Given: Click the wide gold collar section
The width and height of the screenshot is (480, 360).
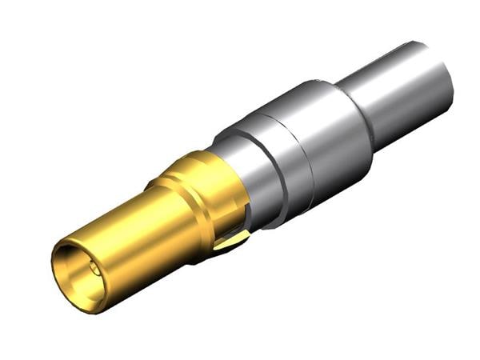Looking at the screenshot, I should click(x=204, y=192).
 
